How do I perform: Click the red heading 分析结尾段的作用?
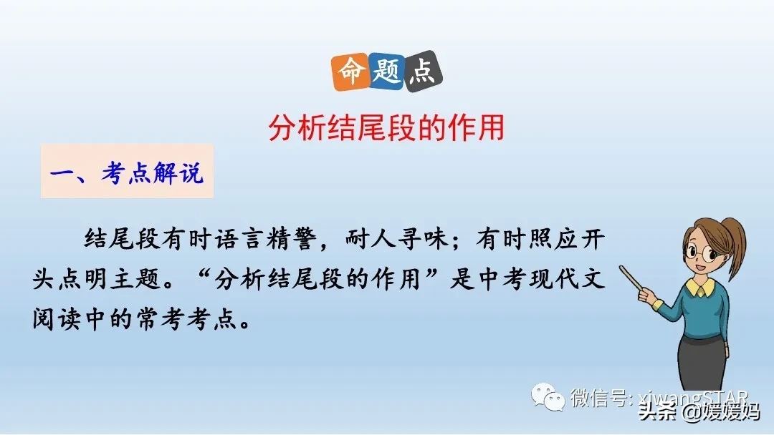(387, 129)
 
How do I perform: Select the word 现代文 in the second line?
(566, 278)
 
